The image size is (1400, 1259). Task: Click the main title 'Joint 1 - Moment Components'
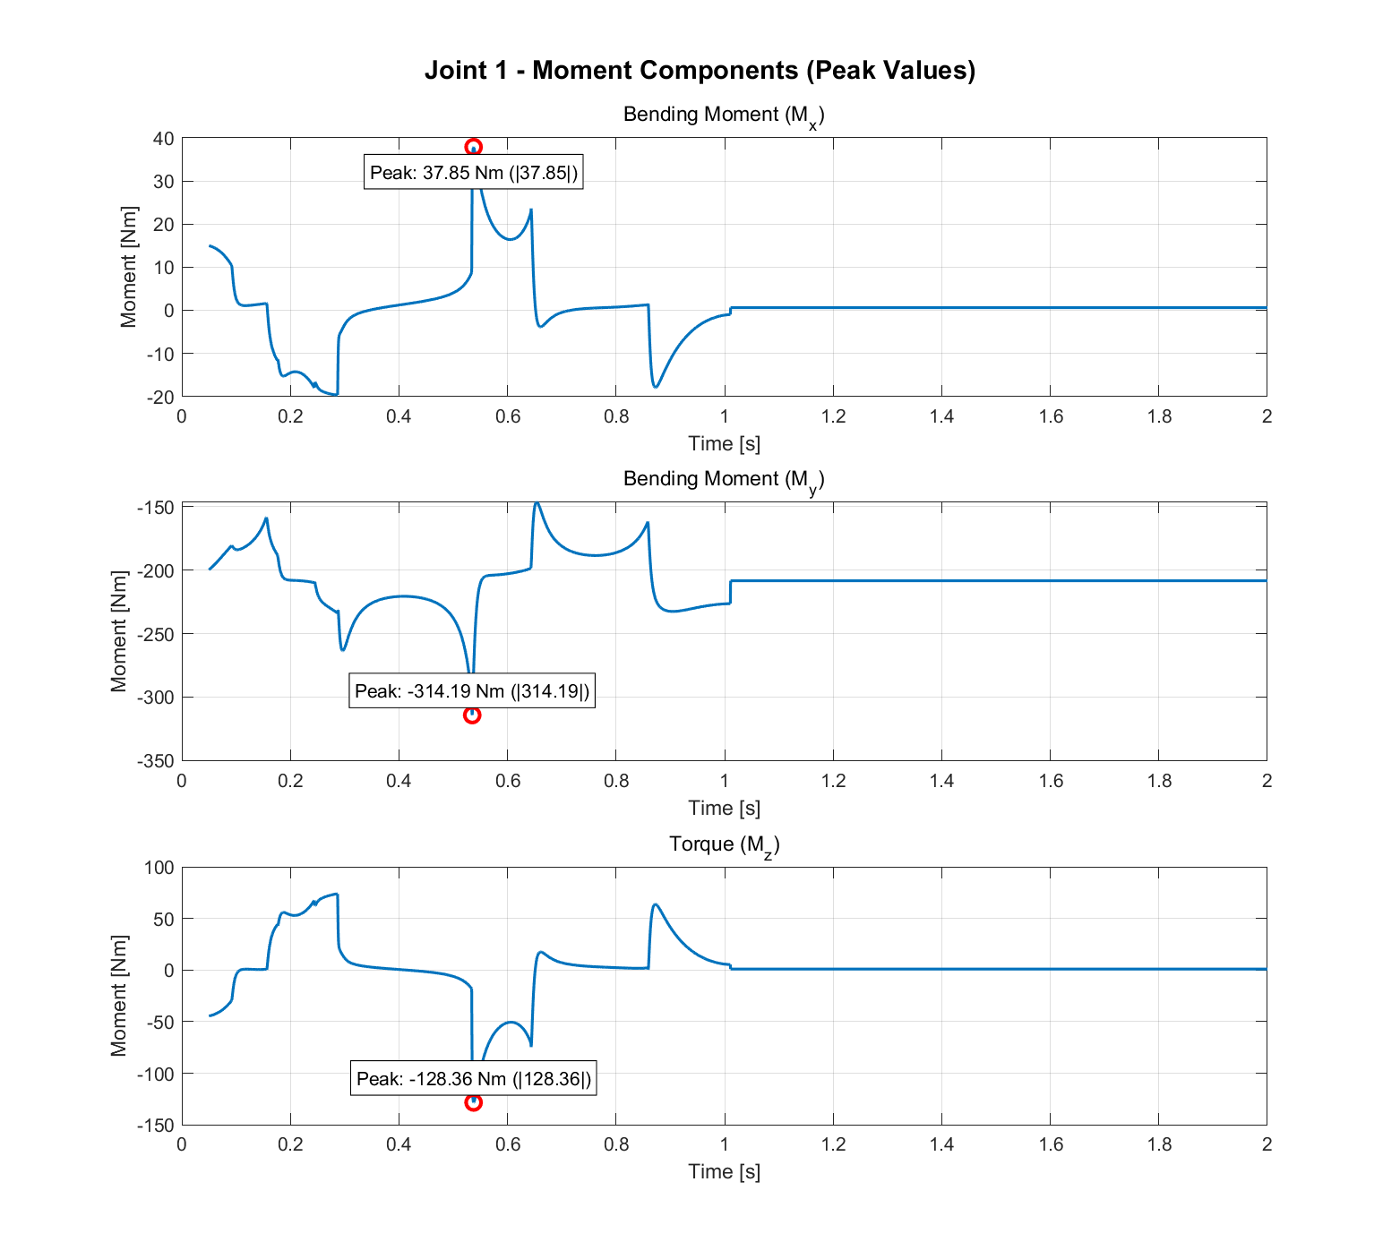point(700,70)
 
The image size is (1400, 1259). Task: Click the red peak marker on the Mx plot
point(473,147)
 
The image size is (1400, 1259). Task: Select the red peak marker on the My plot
point(472,715)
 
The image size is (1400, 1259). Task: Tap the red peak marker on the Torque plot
point(473,1102)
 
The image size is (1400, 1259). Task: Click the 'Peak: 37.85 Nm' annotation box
point(474,173)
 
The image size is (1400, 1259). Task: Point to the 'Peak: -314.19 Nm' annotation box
point(472,691)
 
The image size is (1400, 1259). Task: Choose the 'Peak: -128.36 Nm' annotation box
point(474,1079)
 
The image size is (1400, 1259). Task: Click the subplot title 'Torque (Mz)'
point(724,844)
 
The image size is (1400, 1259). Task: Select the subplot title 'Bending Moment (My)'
point(724,480)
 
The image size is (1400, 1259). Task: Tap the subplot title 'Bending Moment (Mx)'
point(724,116)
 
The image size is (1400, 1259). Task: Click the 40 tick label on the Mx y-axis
point(163,138)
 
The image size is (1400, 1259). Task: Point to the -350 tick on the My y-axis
point(156,761)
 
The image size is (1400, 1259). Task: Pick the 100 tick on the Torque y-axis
point(159,867)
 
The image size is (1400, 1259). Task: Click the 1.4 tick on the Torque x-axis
point(941,1143)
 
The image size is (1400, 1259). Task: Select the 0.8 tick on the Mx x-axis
point(616,416)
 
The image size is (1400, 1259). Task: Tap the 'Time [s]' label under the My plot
point(724,808)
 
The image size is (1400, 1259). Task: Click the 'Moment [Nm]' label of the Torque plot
point(119,996)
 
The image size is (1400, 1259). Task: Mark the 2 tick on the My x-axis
point(1267,781)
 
